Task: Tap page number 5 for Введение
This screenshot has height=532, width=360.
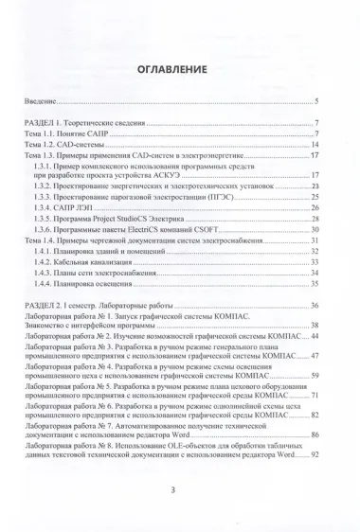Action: (x=316, y=102)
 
